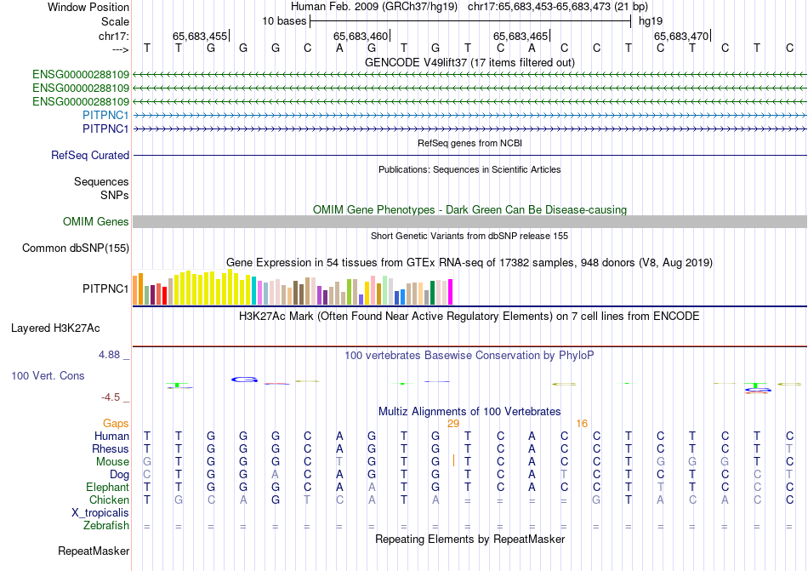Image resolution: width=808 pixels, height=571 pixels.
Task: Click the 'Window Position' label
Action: pos(88,7)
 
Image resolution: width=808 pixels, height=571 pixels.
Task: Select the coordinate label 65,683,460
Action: pos(361,37)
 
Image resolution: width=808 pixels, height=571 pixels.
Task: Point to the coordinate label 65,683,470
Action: pos(680,37)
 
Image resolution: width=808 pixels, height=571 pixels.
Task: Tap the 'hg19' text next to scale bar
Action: pos(651,20)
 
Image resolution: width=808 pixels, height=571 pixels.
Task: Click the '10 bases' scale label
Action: pos(284,20)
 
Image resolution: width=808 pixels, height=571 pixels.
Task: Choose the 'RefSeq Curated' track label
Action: pos(90,156)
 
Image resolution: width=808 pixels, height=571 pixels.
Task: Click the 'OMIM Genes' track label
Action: pos(96,222)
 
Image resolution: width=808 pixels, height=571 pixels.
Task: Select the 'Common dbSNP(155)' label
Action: pos(75,248)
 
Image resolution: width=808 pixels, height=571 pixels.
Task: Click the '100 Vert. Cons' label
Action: pos(48,375)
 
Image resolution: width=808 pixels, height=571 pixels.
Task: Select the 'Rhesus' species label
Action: pos(111,449)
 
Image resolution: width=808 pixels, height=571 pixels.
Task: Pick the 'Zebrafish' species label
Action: pos(105,526)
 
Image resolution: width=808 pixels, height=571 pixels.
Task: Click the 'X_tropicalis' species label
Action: pos(100,513)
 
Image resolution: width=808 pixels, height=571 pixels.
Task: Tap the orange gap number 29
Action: pos(453,423)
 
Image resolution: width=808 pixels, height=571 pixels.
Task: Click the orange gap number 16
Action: pos(582,423)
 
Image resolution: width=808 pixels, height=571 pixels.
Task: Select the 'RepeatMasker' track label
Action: pos(94,551)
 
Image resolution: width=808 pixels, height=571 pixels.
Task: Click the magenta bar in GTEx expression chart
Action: pos(450,292)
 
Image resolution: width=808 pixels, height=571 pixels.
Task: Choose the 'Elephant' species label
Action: pos(107,488)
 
